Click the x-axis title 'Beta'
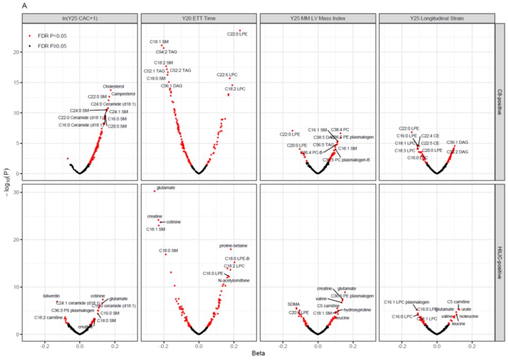click(x=258, y=353)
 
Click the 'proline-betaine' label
click(x=233, y=246)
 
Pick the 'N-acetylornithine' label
click(x=234, y=280)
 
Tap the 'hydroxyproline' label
click(x=358, y=310)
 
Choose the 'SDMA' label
click(x=293, y=304)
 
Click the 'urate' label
click(x=466, y=309)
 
